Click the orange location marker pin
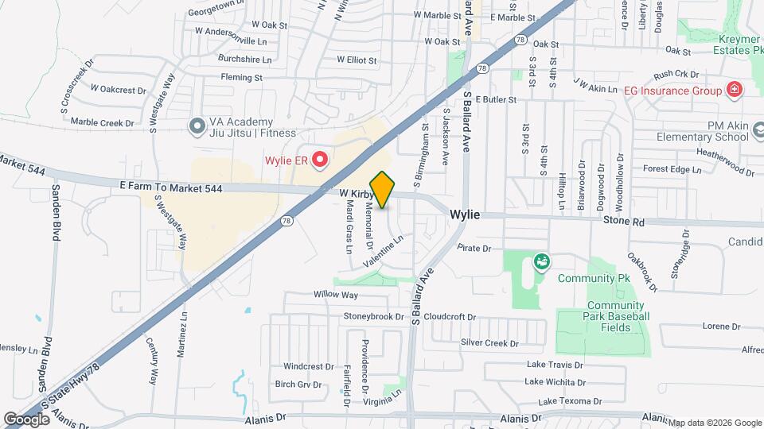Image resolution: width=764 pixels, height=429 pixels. tap(382, 190)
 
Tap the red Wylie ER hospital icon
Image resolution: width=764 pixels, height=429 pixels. tap(320, 160)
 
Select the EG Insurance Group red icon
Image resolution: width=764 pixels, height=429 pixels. tap(734, 90)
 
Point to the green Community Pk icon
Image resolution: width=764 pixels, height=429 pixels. tap(542, 261)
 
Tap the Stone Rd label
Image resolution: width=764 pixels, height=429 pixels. tap(622, 222)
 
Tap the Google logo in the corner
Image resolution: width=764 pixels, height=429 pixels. tap(26, 419)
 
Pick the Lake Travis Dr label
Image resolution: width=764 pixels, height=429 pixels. tap(555, 365)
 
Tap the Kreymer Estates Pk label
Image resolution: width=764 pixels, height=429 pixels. tap(727, 44)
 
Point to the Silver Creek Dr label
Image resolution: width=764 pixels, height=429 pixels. tap(489, 343)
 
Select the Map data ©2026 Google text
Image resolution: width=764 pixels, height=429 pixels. tap(715, 423)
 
